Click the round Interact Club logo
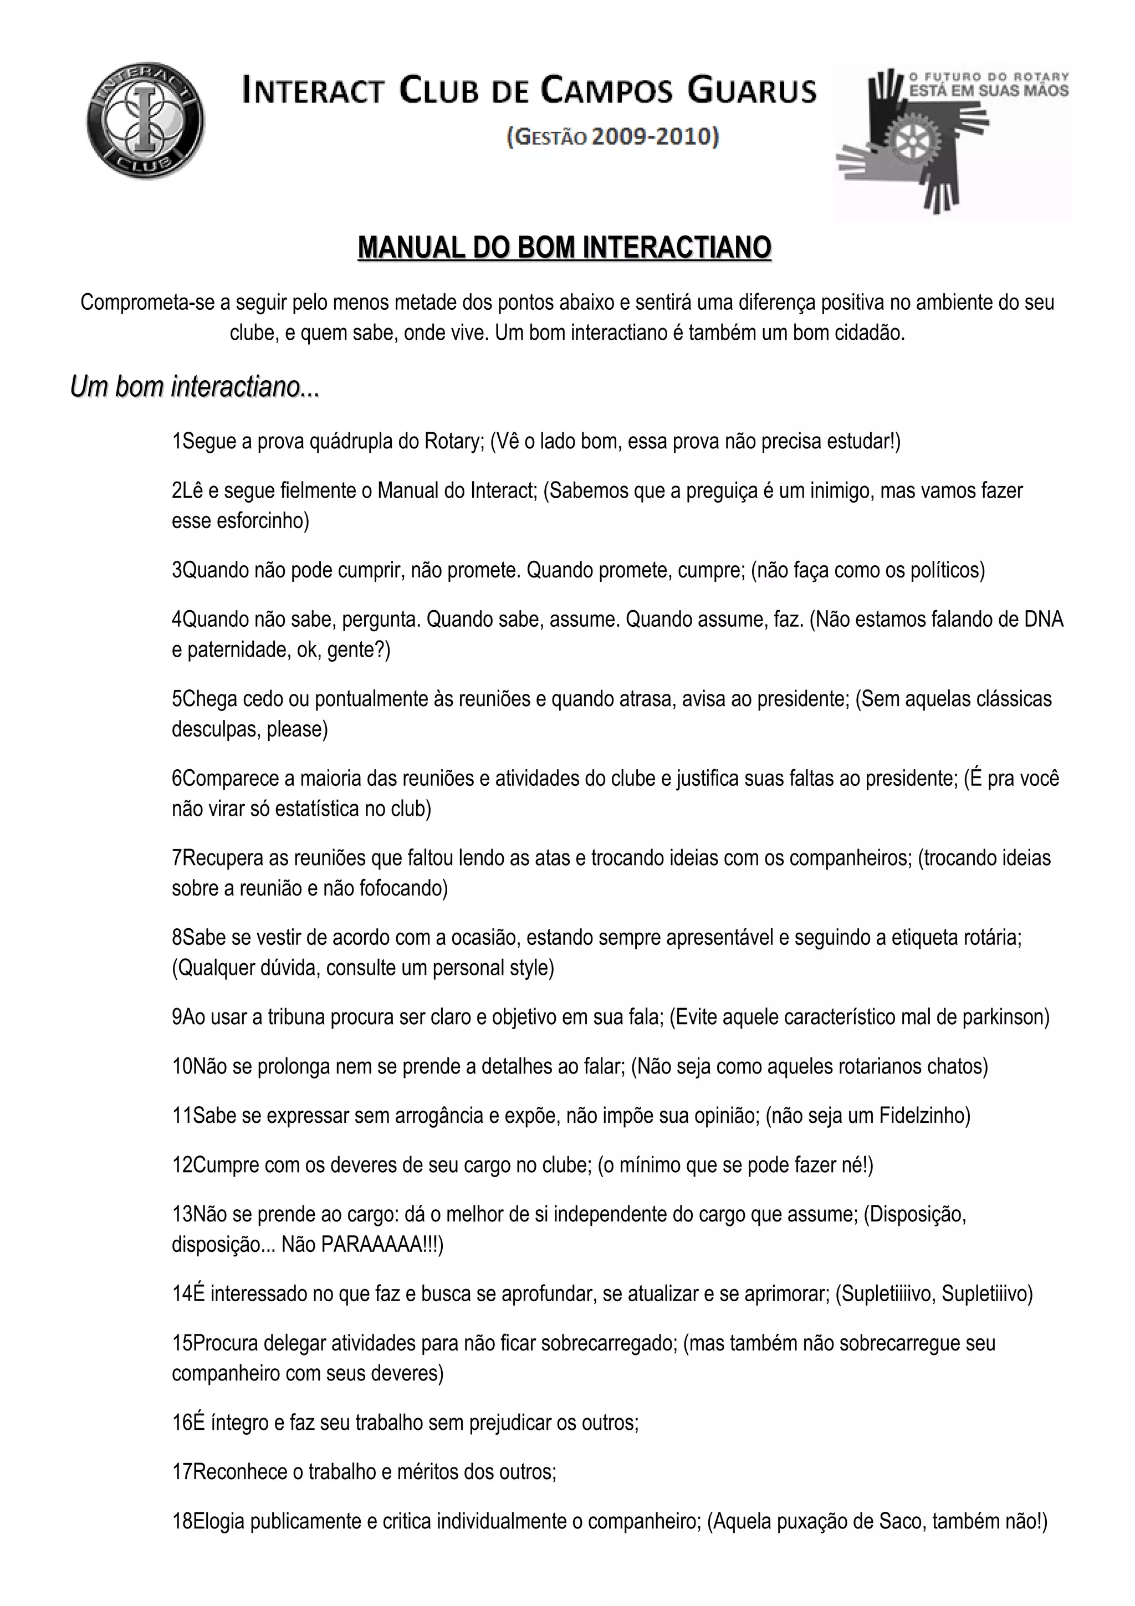[146, 120]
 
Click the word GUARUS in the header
[752, 91]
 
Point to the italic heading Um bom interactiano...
[195, 387]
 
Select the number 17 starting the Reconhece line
[182, 1472]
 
